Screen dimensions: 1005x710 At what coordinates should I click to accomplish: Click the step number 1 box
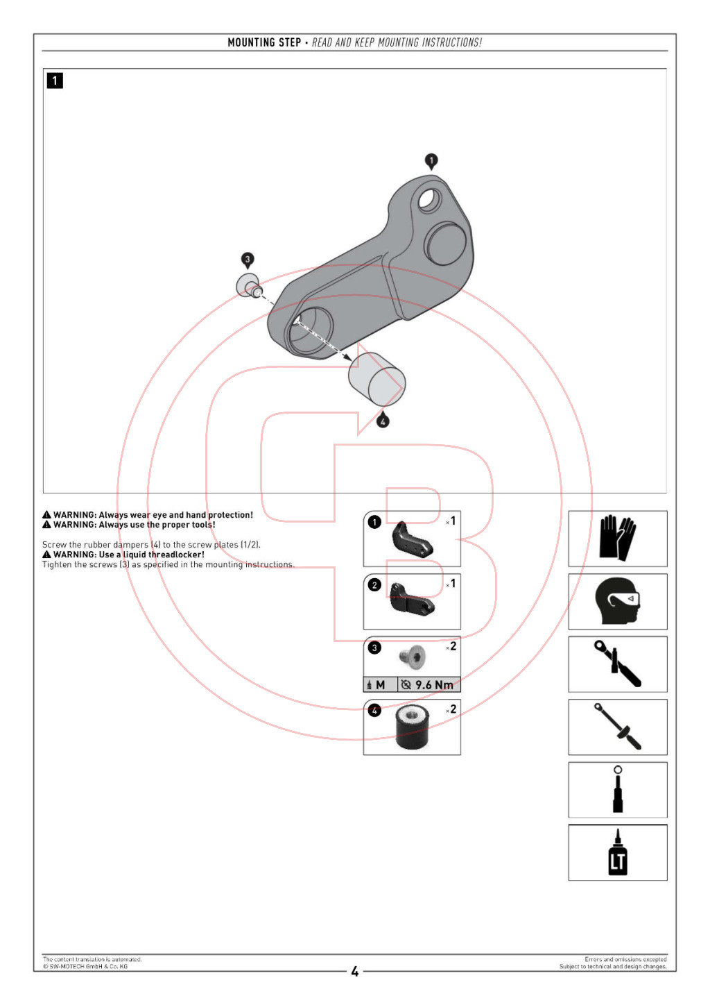click(55, 81)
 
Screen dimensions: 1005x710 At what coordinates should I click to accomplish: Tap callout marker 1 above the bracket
click(431, 161)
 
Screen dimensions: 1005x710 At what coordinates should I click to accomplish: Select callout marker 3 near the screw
click(248, 260)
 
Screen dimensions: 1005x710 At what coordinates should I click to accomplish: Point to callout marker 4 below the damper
click(383, 421)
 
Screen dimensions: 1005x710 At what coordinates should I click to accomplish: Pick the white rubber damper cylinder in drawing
click(376, 379)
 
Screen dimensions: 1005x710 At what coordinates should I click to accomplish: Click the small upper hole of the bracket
click(428, 200)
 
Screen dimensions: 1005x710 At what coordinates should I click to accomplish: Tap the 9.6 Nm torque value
click(434, 685)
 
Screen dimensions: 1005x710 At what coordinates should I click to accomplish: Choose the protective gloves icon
click(617, 538)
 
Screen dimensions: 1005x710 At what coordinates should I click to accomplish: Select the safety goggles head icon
click(617, 601)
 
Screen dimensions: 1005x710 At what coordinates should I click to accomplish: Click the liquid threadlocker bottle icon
click(617, 853)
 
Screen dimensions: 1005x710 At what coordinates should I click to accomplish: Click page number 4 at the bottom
click(355, 972)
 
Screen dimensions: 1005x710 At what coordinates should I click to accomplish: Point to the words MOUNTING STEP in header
click(264, 42)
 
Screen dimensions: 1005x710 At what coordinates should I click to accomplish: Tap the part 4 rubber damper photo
click(413, 728)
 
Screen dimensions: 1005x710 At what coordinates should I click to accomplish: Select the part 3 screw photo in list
click(413, 656)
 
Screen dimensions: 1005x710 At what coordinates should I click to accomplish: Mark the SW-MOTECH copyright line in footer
click(85, 966)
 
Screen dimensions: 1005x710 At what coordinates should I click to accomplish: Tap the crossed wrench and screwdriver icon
click(617, 664)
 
